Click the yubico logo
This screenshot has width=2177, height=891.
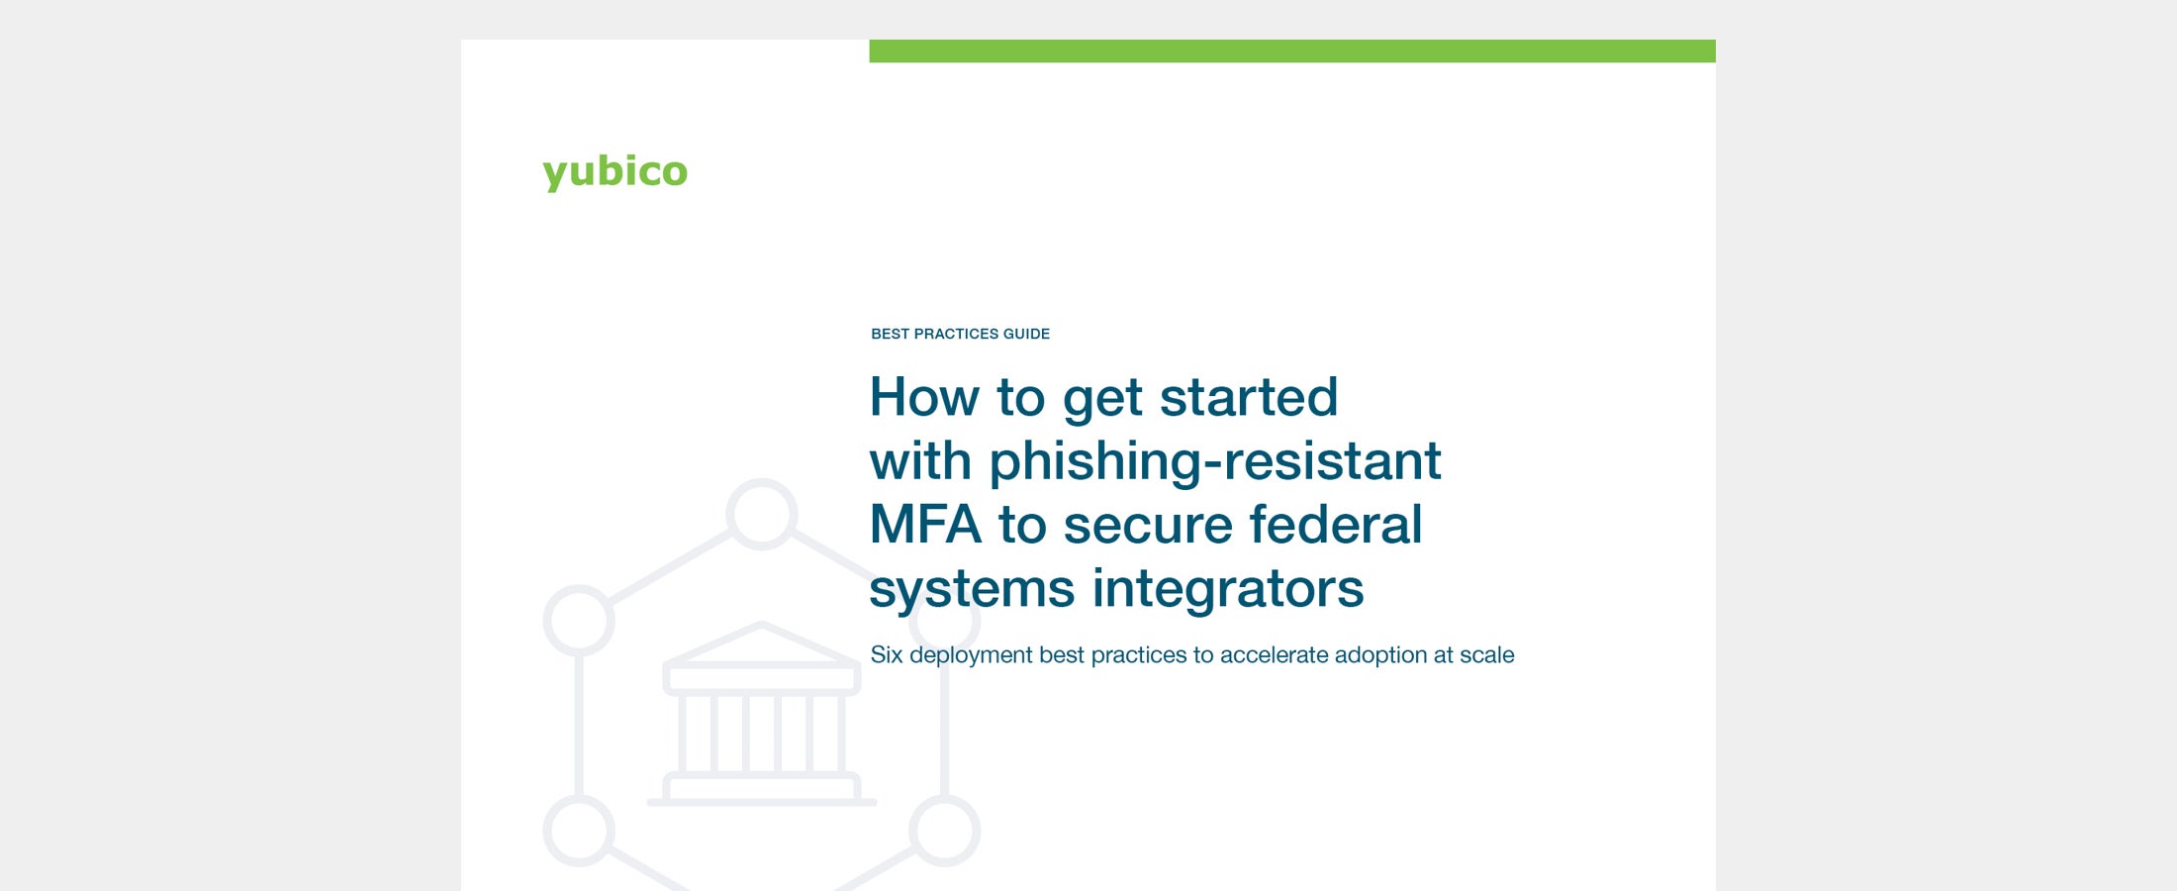tap(615, 171)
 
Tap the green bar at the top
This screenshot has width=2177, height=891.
tap(1292, 50)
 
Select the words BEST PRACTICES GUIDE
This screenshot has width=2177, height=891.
tap(960, 334)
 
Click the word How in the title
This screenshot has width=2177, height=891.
tap(924, 397)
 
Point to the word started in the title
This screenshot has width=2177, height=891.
tap(1249, 397)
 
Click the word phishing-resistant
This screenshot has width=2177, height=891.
tap(1215, 461)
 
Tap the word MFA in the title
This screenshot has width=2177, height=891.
tap(925, 525)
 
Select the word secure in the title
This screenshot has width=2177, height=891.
tap(1148, 525)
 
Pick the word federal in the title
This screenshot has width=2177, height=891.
tap(1336, 524)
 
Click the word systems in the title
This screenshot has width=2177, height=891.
tap(972, 589)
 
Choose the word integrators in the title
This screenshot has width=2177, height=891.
tap(1228, 588)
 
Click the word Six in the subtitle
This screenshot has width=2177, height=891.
tap(887, 654)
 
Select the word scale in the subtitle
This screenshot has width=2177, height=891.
tap(1487, 654)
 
